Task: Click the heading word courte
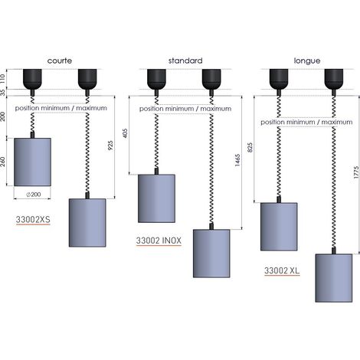pos(60,61)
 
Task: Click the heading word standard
pos(185,61)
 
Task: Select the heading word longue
pos(307,61)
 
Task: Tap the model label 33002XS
pos(33,220)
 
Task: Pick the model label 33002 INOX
pos(159,241)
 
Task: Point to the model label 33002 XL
pos(282,270)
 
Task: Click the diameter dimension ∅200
pos(34,195)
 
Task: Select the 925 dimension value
pos(110,146)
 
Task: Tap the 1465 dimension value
pos(237,160)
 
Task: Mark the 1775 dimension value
pos(357,172)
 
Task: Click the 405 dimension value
pos(125,133)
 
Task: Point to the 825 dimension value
pos(250,147)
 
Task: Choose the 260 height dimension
pos(3,162)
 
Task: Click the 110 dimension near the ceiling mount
pos(3,78)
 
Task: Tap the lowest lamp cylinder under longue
pos(334,278)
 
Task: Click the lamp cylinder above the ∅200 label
pos(32,162)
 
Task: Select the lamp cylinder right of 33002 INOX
pos(211,254)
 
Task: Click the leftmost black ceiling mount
pos(32,79)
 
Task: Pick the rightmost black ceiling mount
pos(334,79)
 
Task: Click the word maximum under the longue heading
pos(337,122)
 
